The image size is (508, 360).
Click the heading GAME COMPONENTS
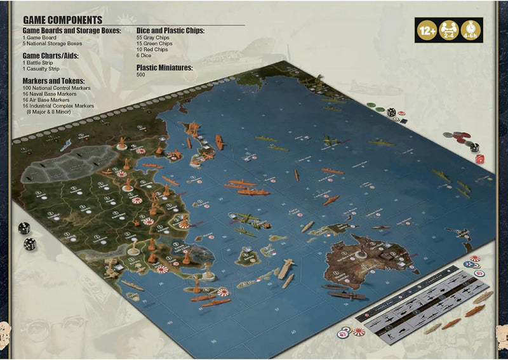[x=62, y=20]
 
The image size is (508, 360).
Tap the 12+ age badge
[x=427, y=30]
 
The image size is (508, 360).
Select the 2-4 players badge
[x=449, y=30]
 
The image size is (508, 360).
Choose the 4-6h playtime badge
[x=471, y=30]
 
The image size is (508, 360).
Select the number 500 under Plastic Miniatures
[x=140, y=75]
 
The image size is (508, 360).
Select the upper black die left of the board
[x=23, y=228]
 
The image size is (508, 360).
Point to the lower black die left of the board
[x=30, y=243]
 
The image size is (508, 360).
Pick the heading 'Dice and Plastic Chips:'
[x=170, y=30]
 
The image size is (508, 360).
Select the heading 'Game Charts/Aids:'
[x=50, y=56]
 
